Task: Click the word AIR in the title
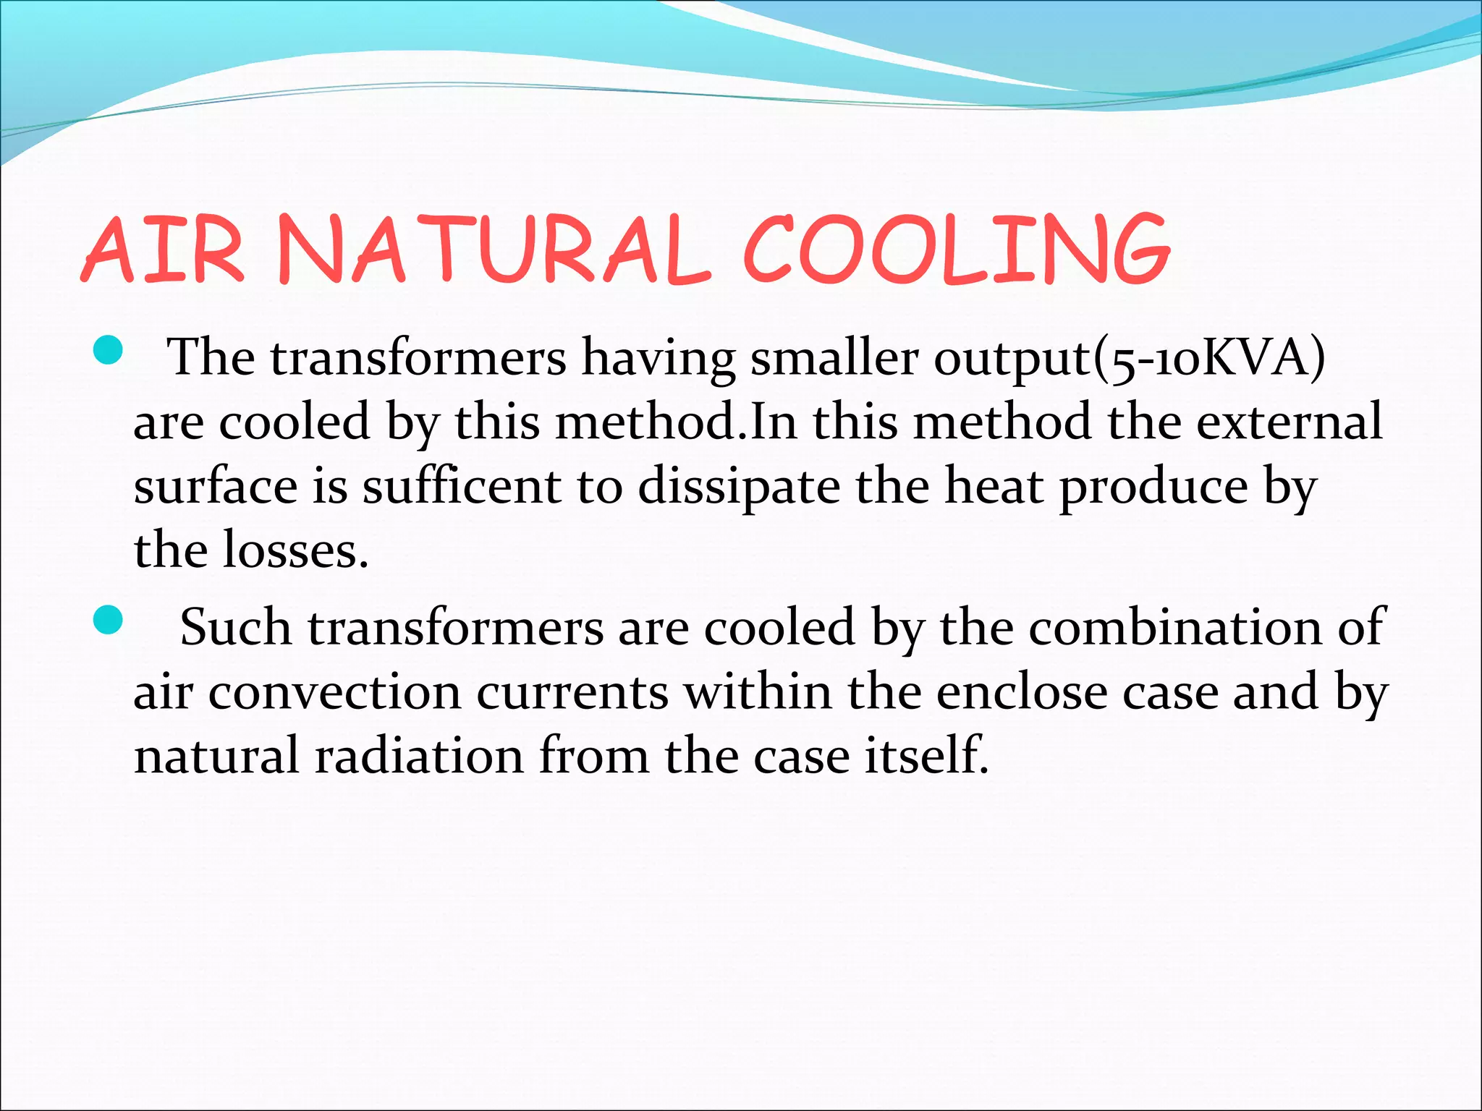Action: [x=163, y=250]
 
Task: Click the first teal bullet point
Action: [x=108, y=352]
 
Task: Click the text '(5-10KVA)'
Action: [x=1208, y=357]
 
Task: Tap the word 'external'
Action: [x=1289, y=422]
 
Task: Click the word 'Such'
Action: [x=235, y=627]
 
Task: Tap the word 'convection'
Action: [x=334, y=692]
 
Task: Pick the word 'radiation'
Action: [x=418, y=756]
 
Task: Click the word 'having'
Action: [x=658, y=357]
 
